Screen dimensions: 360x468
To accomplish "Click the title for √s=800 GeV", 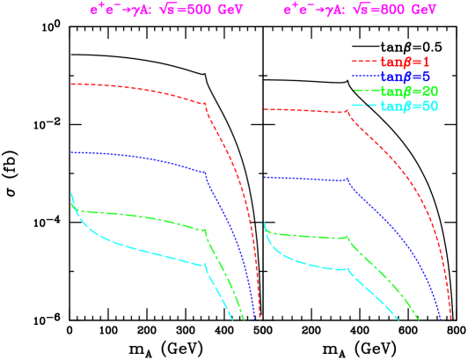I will click(360, 11).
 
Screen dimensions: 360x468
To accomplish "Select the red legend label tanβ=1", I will click(405, 62).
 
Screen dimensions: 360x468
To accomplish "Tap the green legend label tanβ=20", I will click(408, 92).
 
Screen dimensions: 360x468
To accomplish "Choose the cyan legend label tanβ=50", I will click(408, 107).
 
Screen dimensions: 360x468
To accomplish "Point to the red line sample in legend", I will click(364, 62).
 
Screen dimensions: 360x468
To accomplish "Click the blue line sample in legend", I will click(364, 77).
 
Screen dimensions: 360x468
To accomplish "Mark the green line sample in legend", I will click(364, 92).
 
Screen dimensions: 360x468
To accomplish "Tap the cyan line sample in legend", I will click(364, 107).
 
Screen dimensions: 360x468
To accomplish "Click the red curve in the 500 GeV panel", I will click(132, 88).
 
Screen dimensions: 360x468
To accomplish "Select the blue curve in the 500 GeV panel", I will click(132, 158).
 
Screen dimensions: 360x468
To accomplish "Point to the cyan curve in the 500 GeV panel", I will click(132, 249).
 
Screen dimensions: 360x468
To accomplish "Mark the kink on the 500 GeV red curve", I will click(205, 104).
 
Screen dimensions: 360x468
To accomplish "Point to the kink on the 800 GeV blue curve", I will click(347, 180).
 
